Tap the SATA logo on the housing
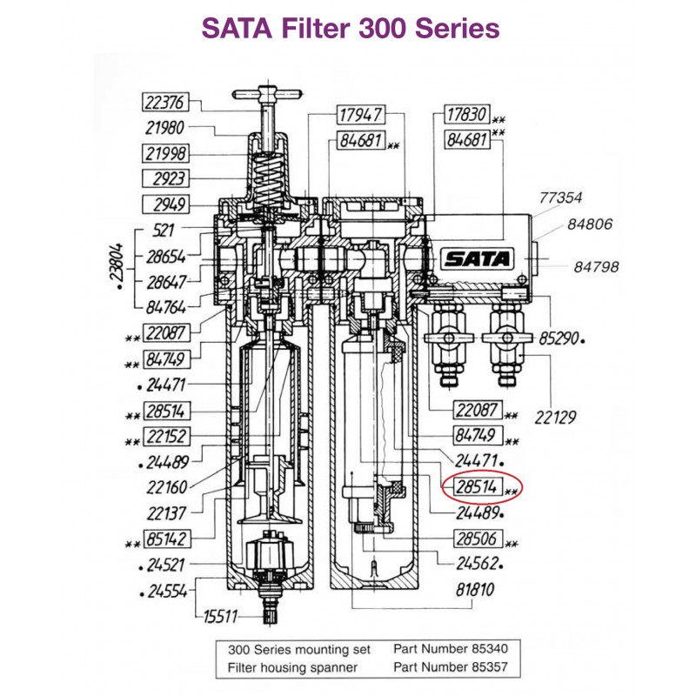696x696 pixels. pyautogui.click(x=478, y=258)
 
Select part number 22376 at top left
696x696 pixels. pyautogui.click(x=164, y=103)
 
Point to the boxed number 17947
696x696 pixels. pyautogui.click(x=359, y=114)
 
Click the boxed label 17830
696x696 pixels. pyautogui.click(x=465, y=114)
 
